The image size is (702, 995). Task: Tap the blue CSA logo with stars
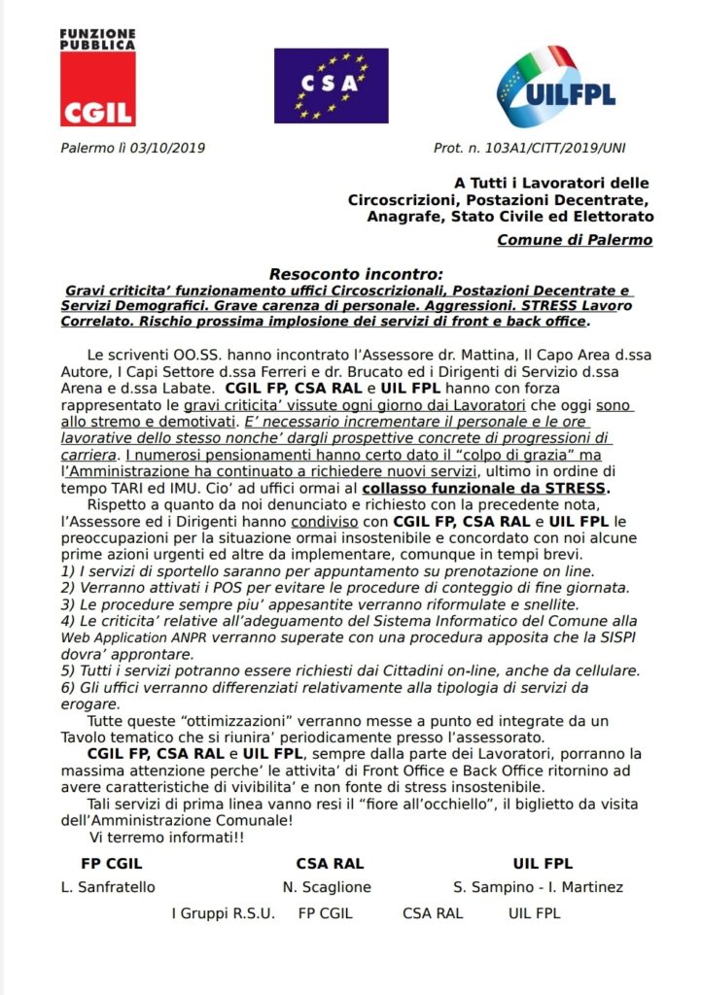click(318, 86)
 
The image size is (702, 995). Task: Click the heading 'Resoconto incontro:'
click(355, 275)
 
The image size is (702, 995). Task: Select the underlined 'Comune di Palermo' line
click(575, 240)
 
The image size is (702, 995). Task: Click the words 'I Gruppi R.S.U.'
click(224, 913)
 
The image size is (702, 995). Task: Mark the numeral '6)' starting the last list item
click(68, 687)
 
